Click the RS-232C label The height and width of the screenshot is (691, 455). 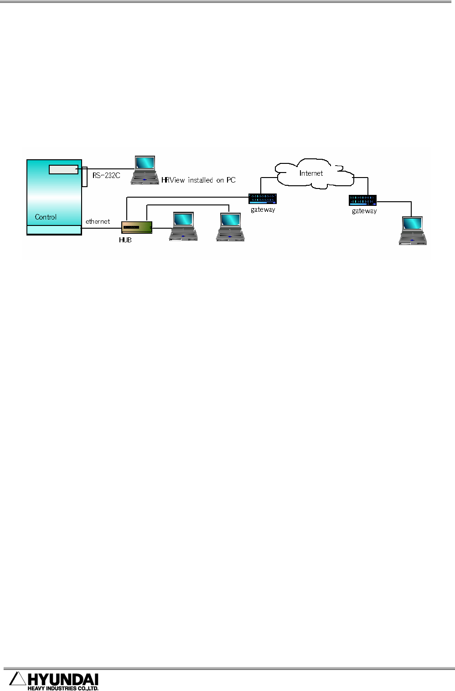106,175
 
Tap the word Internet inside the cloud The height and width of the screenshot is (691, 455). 311,173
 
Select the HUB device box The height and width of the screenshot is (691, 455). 137,227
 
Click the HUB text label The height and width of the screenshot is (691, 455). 125,240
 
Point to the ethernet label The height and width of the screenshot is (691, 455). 98,222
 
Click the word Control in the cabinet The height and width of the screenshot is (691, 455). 46,217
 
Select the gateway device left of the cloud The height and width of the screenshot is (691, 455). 263,199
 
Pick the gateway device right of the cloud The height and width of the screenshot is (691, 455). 363,200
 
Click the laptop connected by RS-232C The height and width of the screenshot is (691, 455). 145,170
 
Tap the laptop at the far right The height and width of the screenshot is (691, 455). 413,231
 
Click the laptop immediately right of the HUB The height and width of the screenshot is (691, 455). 183,226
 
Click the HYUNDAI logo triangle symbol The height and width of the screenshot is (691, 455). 17,679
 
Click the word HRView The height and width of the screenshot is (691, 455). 173,180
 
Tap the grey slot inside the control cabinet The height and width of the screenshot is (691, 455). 63,169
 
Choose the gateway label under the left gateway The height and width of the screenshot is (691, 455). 263,210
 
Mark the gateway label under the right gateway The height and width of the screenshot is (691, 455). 364,211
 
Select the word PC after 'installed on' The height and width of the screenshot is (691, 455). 231,180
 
